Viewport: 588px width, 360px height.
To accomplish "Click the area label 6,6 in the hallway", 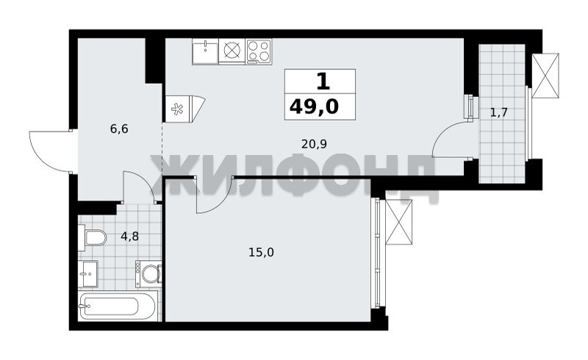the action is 119,129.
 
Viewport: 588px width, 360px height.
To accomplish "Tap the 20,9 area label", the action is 315,143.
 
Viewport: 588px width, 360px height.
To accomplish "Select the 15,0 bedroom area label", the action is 261,253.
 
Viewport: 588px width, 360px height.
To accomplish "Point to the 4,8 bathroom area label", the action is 130,237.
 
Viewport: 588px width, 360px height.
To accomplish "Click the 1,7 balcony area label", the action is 499,112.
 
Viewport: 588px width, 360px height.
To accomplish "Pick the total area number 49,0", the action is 315,107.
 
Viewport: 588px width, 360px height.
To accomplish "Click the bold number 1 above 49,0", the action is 323,82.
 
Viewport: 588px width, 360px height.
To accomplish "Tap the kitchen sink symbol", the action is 205,51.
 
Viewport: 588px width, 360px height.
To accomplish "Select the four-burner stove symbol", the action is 259,51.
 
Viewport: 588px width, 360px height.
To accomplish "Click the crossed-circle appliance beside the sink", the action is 232,51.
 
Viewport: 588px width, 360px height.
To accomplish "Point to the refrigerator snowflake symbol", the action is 177,109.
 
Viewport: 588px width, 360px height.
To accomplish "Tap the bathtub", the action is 117,306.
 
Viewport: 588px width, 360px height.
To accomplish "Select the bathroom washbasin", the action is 88,274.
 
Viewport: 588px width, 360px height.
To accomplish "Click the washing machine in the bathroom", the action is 148,274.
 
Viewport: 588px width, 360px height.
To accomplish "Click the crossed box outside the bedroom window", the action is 398,222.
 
